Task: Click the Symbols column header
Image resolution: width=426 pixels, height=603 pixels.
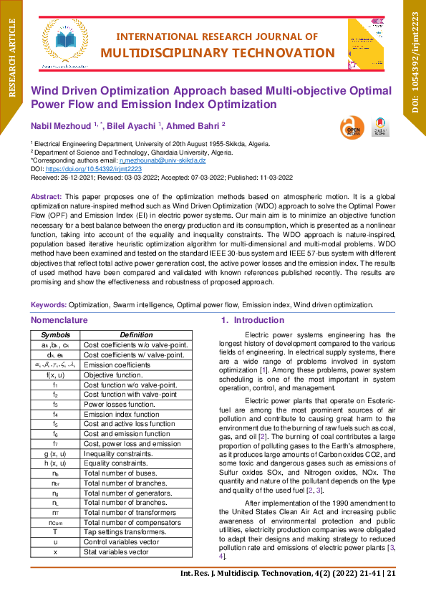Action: pos(55,334)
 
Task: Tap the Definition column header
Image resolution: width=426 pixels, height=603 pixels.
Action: pos(136,334)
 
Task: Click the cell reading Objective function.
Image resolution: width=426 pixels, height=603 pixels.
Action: pos(113,375)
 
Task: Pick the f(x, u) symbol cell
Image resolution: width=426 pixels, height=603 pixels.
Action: pos(55,375)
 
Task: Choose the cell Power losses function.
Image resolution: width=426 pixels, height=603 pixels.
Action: pos(115,404)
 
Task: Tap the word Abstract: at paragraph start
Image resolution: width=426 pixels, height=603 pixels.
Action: pos(47,196)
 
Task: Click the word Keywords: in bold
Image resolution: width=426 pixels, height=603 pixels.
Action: pos(49,304)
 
